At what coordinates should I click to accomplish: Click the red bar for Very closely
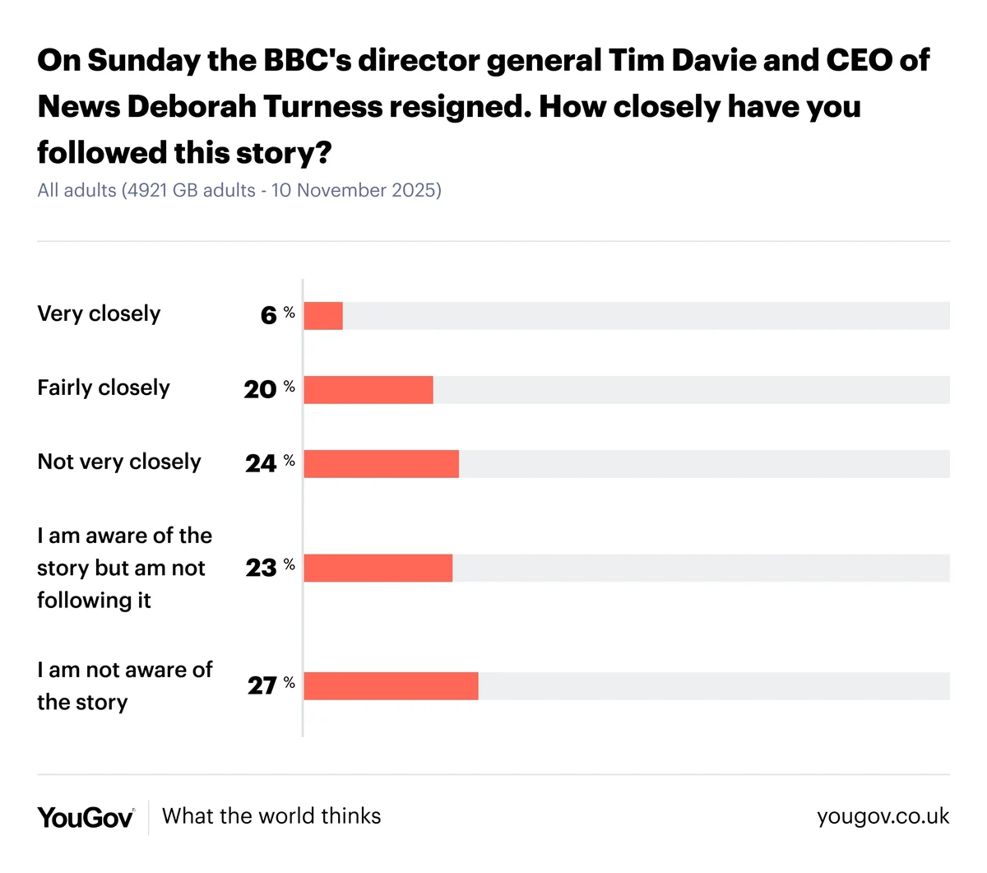tap(323, 316)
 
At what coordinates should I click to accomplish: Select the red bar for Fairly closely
tap(368, 390)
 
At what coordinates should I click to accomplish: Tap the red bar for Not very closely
tap(382, 464)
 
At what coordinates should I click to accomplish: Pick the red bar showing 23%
tap(378, 568)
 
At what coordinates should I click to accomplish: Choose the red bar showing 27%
tap(391, 686)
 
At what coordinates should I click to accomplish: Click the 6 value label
tap(269, 316)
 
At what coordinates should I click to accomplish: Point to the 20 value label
tap(260, 390)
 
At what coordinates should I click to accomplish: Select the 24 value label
tap(261, 464)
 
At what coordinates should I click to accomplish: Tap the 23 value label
tap(261, 568)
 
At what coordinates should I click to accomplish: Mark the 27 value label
tap(262, 686)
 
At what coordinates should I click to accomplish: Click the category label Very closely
tap(99, 313)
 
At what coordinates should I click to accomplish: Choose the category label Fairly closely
tap(104, 388)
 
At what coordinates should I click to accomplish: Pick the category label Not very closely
tap(119, 462)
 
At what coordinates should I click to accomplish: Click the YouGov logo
tap(86, 817)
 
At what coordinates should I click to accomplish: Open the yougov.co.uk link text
tap(883, 816)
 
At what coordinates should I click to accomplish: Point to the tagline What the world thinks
tap(271, 816)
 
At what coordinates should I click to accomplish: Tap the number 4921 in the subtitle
tap(147, 190)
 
